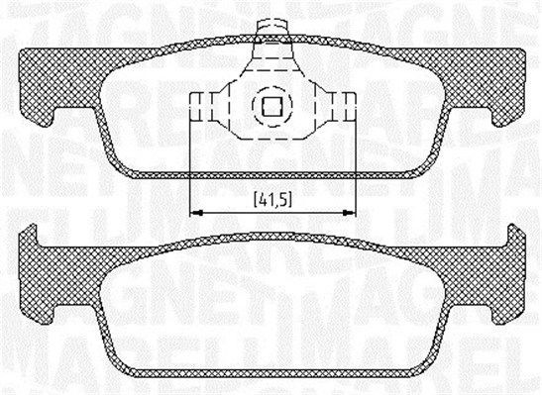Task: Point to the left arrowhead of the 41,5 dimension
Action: (194, 211)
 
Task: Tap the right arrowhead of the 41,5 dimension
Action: (350, 211)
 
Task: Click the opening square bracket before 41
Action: (253, 199)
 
